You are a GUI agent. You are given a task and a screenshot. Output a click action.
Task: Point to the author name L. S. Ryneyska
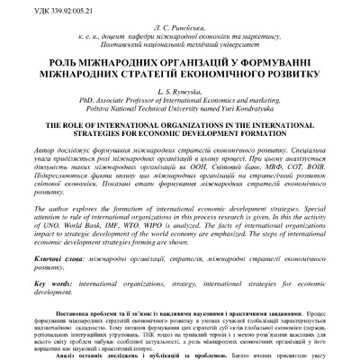pos(181,94)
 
